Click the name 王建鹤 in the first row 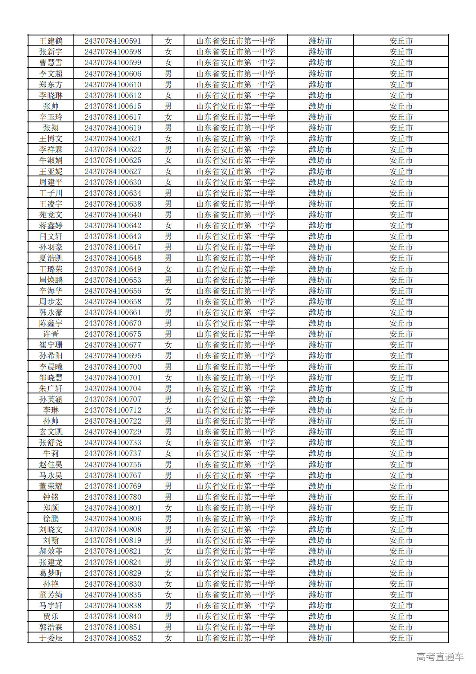click(x=51, y=41)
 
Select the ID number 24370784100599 click(x=113, y=63)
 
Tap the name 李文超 click(x=51, y=74)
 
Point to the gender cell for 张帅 click(x=168, y=106)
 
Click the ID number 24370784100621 click(x=113, y=139)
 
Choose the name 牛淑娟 click(x=51, y=160)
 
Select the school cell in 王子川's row click(x=235, y=193)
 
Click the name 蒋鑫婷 click(x=51, y=226)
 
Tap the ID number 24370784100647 click(x=113, y=247)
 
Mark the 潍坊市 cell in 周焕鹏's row click(x=320, y=280)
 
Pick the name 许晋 click(x=51, y=334)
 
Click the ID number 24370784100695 click(x=113, y=356)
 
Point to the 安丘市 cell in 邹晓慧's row click(x=401, y=378)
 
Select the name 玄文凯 click(x=51, y=432)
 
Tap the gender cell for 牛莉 click(x=168, y=454)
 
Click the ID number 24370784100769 click(x=113, y=486)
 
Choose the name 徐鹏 click(x=51, y=519)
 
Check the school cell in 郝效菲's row click(x=235, y=551)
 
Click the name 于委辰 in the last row click(x=51, y=638)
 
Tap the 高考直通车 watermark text click(x=440, y=657)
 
